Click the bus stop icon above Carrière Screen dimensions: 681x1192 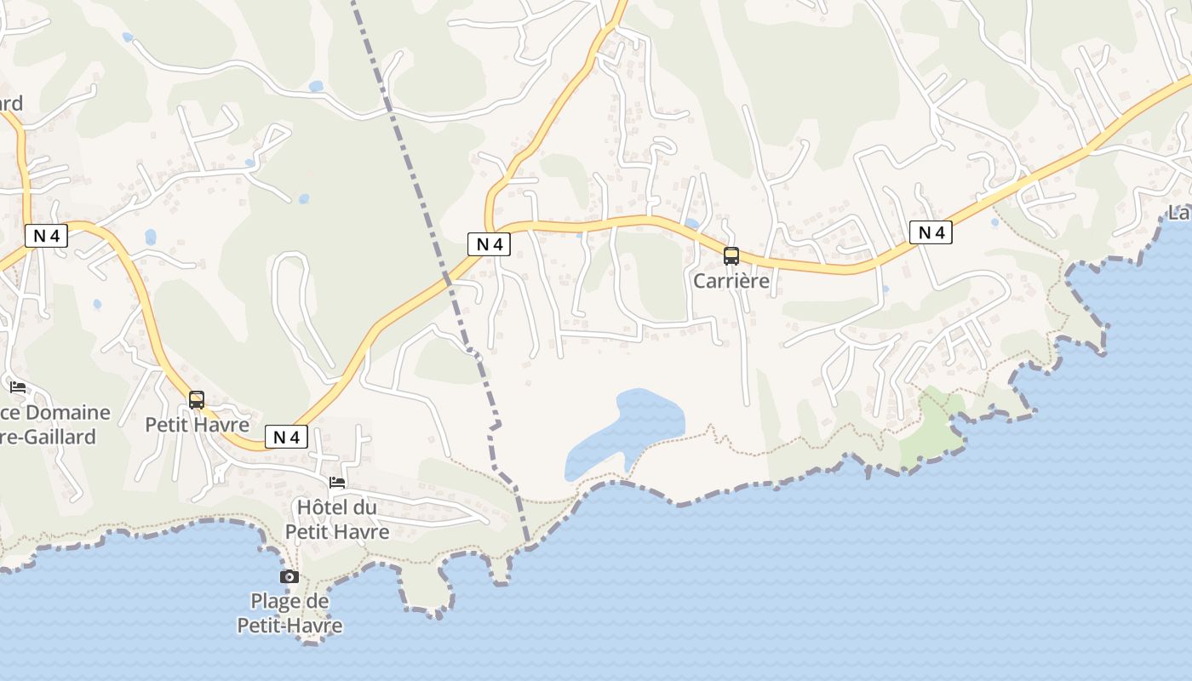tap(731, 255)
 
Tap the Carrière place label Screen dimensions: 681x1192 tap(731, 280)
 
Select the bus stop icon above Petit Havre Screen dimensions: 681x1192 tap(197, 399)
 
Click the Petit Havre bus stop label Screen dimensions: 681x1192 tap(197, 424)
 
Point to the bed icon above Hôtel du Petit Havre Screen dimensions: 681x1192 tap(337, 482)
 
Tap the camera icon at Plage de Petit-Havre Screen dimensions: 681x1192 tap(289, 576)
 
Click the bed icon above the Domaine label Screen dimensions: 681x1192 tap(18, 387)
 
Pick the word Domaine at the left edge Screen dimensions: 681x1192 tap(68, 413)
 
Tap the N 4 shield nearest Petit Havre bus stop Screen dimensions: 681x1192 tap(286, 437)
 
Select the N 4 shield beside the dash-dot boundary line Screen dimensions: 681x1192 tap(489, 244)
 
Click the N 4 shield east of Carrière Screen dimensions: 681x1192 tap(931, 232)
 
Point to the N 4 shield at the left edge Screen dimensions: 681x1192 tap(46, 236)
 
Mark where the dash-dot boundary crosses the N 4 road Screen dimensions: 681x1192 tap(446, 278)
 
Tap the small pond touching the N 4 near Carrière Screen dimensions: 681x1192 tap(691, 224)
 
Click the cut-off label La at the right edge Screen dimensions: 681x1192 tap(1179, 213)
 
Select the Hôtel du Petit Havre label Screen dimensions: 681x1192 tap(336, 519)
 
